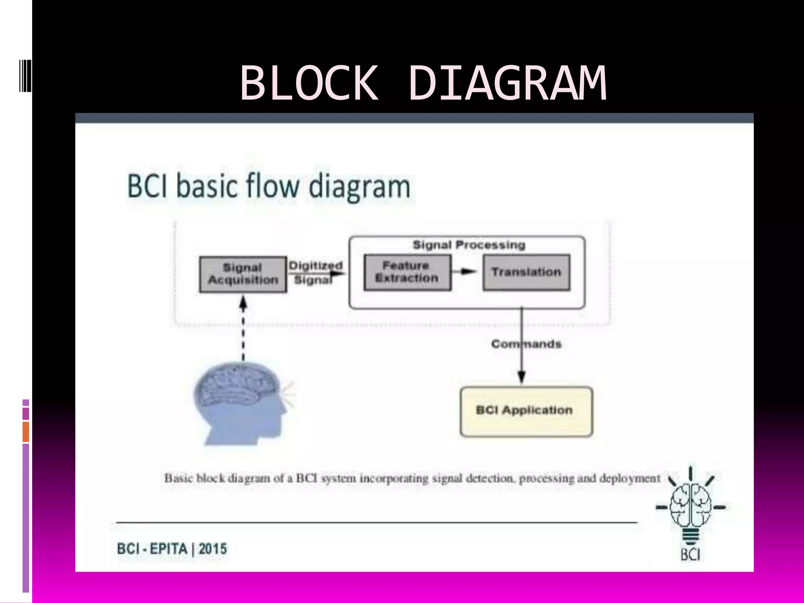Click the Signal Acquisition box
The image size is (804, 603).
(243, 274)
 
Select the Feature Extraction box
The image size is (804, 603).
(407, 272)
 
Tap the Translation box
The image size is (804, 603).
(526, 272)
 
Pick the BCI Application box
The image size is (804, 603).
(526, 411)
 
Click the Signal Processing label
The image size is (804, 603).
(469, 245)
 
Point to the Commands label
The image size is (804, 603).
(526, 344)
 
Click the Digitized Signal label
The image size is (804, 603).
(315, 272)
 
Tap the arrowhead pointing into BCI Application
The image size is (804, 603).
(521, 377)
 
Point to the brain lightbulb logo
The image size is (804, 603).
(690, 506)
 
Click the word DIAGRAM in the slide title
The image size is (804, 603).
(507, 83)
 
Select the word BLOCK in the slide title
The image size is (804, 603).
(309, 83)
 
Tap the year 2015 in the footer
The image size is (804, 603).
(213, 548)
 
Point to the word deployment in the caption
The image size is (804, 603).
(630, 479)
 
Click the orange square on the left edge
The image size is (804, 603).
(26, 432)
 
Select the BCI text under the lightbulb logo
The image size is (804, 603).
(690, 555)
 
